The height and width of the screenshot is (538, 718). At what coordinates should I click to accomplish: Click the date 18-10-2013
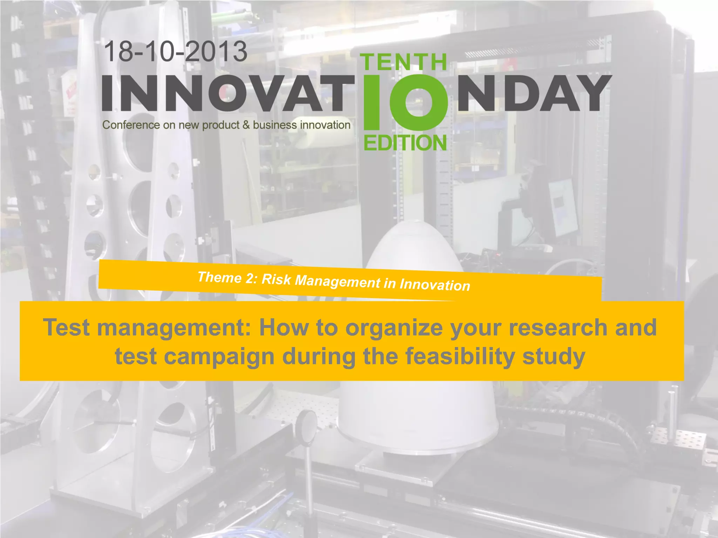point(176,51)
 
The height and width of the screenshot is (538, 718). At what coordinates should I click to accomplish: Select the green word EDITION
point(405,143)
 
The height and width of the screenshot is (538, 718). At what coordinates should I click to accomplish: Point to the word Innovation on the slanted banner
point(435,285)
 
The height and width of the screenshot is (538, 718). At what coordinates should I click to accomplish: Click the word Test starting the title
point(66,327)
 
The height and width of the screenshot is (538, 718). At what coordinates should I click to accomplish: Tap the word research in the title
point(558,327)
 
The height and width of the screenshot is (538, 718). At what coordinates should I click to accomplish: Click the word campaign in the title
point(219,357)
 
